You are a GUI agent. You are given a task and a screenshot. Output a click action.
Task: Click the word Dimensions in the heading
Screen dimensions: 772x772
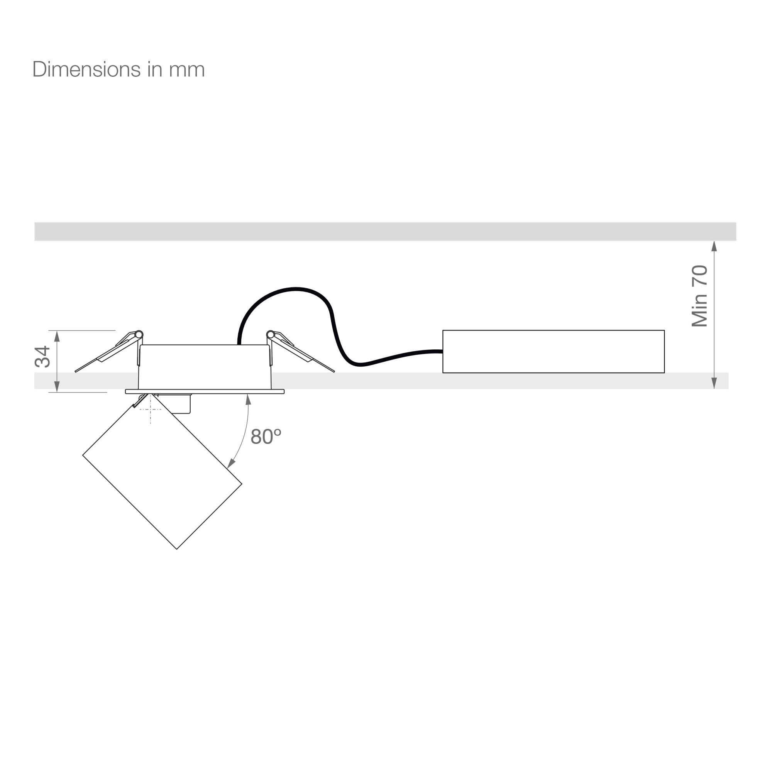[x=86, y=69]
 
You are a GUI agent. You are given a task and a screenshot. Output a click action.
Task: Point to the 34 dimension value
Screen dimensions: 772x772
[x=42, y=357]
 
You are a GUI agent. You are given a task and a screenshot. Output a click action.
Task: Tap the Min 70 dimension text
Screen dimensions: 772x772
[x=700, y=296]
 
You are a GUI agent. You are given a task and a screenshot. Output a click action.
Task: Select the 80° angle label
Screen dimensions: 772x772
[x=266, y=436]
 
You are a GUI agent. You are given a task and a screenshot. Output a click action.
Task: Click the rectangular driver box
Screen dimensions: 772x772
[x=554, y=352]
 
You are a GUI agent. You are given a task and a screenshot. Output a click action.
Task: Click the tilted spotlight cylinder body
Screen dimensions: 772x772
[x=162, y=472]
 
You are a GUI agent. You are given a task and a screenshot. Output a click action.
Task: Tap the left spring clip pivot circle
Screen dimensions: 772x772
[x=139, y=334]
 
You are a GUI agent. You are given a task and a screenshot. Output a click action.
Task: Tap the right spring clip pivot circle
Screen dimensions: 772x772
[x=271, y=334]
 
